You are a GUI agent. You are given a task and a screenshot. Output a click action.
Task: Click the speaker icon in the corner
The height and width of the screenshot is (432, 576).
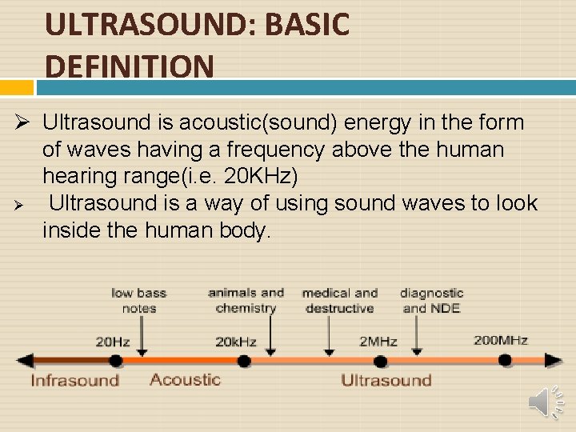pyautogui.click(x=545, y=401)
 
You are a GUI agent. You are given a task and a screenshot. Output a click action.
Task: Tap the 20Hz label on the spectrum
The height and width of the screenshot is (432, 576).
pyautogui.click(x=113, y=342)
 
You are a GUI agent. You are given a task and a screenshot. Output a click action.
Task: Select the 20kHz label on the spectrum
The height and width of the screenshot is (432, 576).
pyautogui.click(x=235, y=342)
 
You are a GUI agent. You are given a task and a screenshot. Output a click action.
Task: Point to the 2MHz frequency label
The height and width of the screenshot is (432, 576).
pyautogui.click(x=378, y=342)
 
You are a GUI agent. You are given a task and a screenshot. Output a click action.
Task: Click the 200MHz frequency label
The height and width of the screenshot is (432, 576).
pyautogui.click(x=500, y=340)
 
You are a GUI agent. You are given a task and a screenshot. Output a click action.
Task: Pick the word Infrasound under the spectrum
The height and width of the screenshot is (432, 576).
pyautogui.click(x=74, y=380)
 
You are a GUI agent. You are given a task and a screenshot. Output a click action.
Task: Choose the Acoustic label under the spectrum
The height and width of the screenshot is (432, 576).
pyautogui.click(x=185, y=379)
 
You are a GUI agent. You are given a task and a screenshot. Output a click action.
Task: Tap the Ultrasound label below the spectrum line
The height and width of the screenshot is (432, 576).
pyautogui.click(x=386, y=380)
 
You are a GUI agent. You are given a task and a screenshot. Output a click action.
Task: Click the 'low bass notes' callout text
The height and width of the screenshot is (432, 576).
pyautogui.click(x=138, y=300)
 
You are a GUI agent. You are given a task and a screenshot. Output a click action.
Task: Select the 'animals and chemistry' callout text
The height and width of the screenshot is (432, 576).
pyautogui.click(x=246, y=300)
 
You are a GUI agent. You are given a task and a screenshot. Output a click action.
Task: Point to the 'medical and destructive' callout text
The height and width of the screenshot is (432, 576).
pyautogui.click(x=339, y=300)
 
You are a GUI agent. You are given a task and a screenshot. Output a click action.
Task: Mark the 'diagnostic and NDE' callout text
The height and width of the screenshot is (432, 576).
pyautogui.click(x=431, y=301)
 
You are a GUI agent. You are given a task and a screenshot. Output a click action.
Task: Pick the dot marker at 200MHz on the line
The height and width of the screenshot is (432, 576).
pyautogui.click(x=505, y=360)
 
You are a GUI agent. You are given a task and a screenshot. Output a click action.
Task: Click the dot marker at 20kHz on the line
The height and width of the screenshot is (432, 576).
pyautogui.click(x=243, y=360)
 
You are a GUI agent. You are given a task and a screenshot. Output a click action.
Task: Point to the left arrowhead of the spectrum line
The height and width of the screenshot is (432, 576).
pyautogui.click(x=24, y=360)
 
